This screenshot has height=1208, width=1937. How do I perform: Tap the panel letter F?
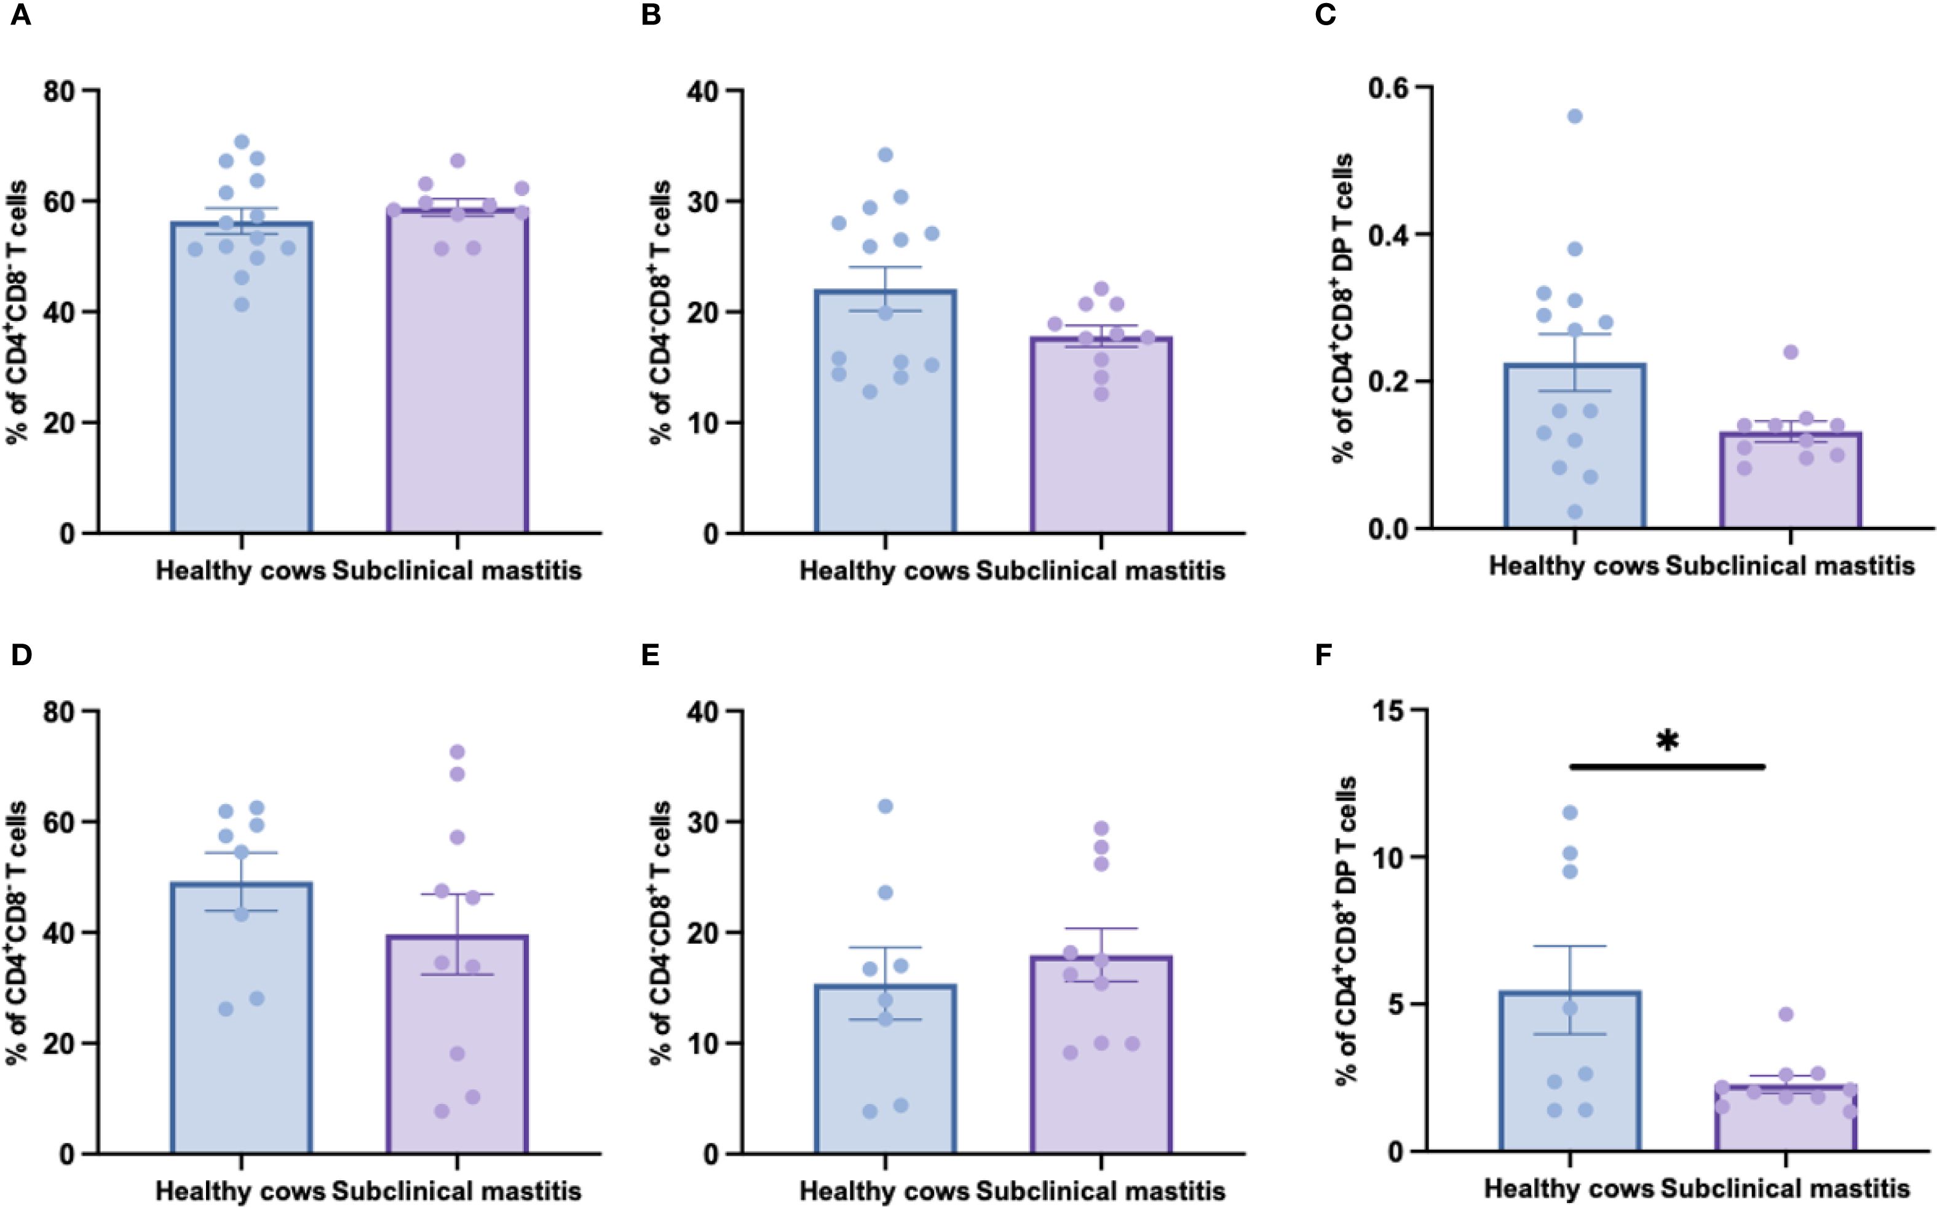tap(1323, 655)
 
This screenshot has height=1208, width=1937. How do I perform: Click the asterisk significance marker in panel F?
tap(1667, 741)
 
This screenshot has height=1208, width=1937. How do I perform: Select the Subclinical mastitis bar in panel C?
tap(1790, 488)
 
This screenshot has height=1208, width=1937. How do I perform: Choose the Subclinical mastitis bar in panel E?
tap(1101, 1062)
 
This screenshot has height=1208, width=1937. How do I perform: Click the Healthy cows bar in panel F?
tap(1571, 1078)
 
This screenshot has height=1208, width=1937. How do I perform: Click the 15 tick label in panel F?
tap(1389, 709)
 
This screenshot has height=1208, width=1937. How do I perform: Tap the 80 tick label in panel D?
tap(59, 711)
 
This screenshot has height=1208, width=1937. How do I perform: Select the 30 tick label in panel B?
tap(704, 202)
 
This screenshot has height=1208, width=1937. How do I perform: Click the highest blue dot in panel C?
tap(1575, 117)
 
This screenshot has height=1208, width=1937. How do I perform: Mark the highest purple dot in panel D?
tap(457, 752)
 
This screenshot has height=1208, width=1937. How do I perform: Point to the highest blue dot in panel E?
tap(885, 806)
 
